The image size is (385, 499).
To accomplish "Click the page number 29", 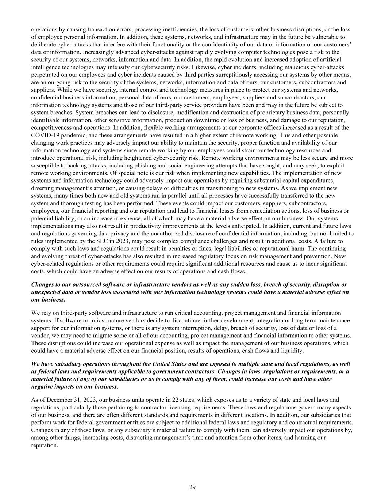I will coord(192,487).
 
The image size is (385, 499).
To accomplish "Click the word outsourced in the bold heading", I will coord(86,284).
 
